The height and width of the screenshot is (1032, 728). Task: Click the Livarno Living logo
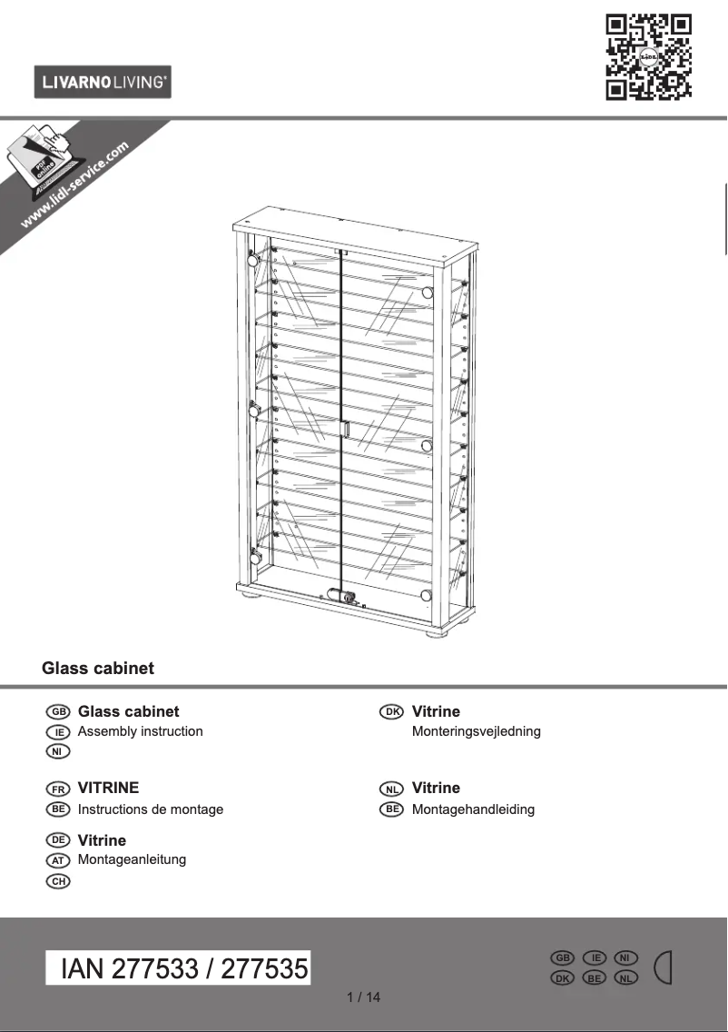tap(103, 83)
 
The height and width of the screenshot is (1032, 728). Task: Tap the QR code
tap(648, 56)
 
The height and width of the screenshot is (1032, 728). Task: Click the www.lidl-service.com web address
tap(74, 184)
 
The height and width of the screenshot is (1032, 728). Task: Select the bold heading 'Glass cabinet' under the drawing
tap(98, 669)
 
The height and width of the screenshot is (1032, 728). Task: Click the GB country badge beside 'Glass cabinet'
tap(58, 712)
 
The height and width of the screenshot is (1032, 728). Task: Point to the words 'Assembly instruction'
tap(141, 731)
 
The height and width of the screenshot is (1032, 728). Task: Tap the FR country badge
tap(58, 789)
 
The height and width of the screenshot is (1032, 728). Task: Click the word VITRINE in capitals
tap(109, 789)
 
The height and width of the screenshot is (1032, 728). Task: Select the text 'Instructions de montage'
tap(151, 809)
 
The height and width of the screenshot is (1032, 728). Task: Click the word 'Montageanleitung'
tap(133, 859)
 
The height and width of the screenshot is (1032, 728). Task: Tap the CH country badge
tap(58, 880)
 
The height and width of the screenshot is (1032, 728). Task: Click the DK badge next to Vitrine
tap(391, 712)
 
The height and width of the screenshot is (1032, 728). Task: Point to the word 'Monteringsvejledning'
tap(477, 731)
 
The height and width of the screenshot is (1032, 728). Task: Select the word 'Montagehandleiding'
tap(474, 809)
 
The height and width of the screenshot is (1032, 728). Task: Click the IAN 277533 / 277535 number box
tap(179, 968)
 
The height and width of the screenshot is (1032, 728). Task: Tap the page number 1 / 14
tap(364, 997)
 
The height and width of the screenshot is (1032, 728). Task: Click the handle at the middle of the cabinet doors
tap(345, 429)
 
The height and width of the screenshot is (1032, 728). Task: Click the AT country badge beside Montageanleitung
tap(58, 860)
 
